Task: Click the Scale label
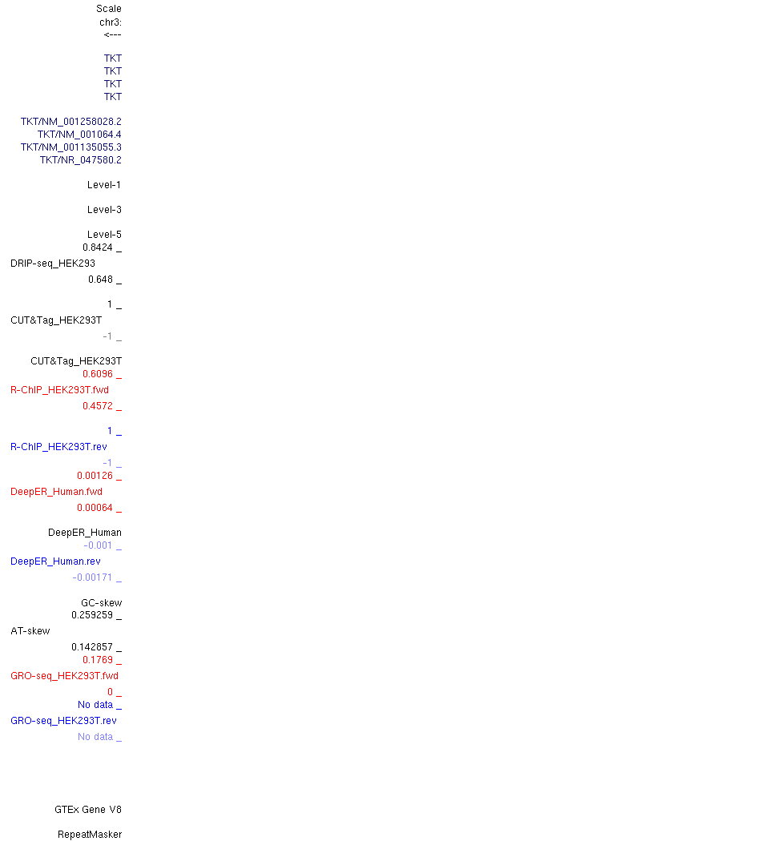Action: tap(109, 9)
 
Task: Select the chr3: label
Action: tap(111, 22)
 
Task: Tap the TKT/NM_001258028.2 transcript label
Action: tap(71, 122)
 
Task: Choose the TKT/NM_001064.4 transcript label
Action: tap(79, 135)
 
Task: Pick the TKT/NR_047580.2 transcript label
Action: tap(81, 160)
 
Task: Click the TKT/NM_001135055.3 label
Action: tap(71, 147)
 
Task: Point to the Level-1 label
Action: tap(105, 185)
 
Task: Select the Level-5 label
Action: tap(105, 235)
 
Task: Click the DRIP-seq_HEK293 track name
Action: tap(53, 264)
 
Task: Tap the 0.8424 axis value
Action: tap(98, 247)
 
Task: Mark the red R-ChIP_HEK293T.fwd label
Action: tap(59, 390)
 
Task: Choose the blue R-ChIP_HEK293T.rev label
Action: tap(59, 447)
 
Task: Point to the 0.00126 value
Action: tap(95, 476)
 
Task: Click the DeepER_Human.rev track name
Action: tap(56, 561)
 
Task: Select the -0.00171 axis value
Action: tap(92, 577)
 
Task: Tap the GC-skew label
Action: tap(102, 603)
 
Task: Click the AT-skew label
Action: tap(30, 631)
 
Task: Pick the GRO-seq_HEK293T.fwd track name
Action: tap(64, 676)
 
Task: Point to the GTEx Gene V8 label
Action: tap(88, 810)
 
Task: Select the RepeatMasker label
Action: tap(90, 835)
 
